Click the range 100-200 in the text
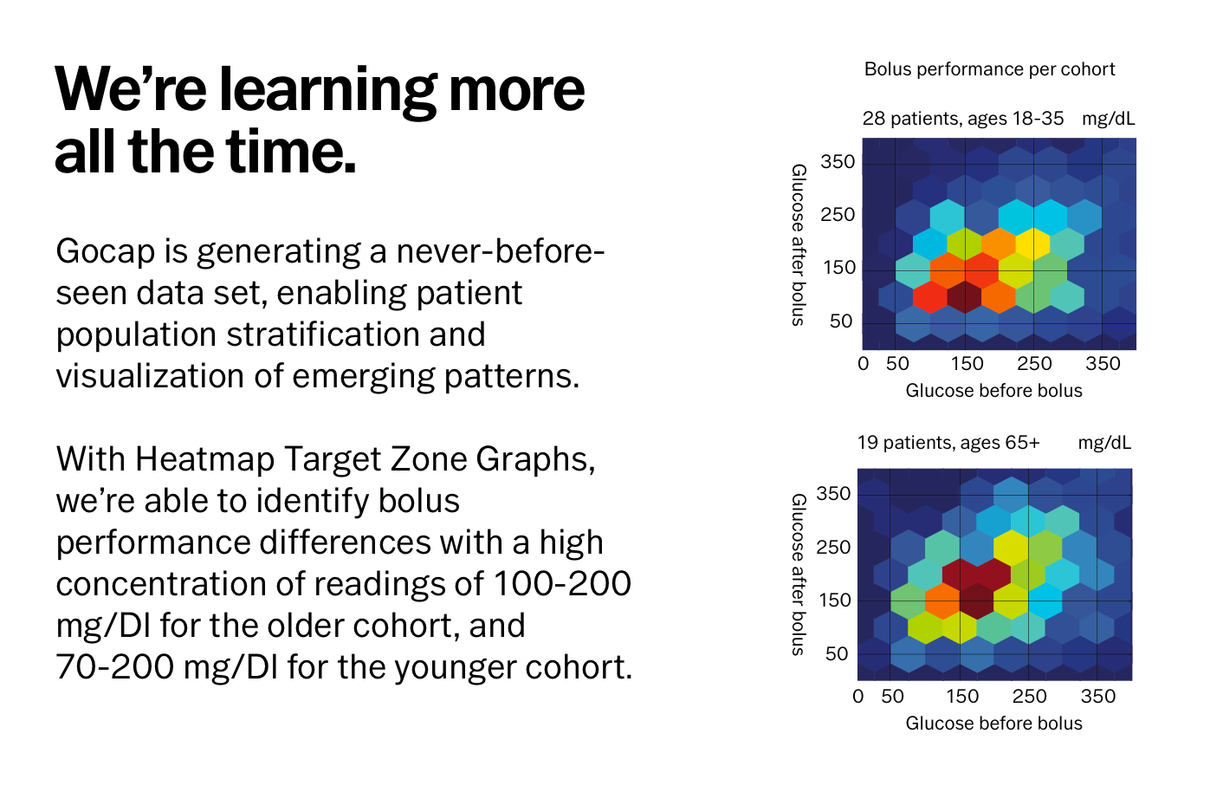562,583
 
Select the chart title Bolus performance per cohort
989,69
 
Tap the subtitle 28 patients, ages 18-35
963,119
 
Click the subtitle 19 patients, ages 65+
948,443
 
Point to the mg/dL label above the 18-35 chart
1109,119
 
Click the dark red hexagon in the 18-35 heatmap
965,297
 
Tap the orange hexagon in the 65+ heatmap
943,600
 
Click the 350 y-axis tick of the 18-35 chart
838,162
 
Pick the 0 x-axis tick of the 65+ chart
858,697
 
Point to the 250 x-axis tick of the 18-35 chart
1034,364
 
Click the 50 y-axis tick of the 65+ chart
837,654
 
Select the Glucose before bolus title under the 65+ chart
993,724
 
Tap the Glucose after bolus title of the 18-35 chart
799,244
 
